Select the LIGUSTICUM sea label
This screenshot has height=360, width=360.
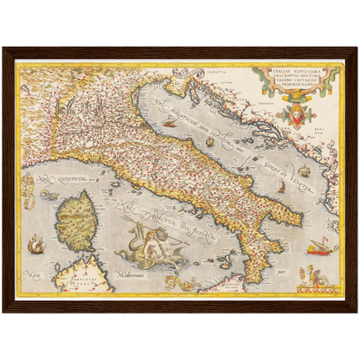57,181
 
